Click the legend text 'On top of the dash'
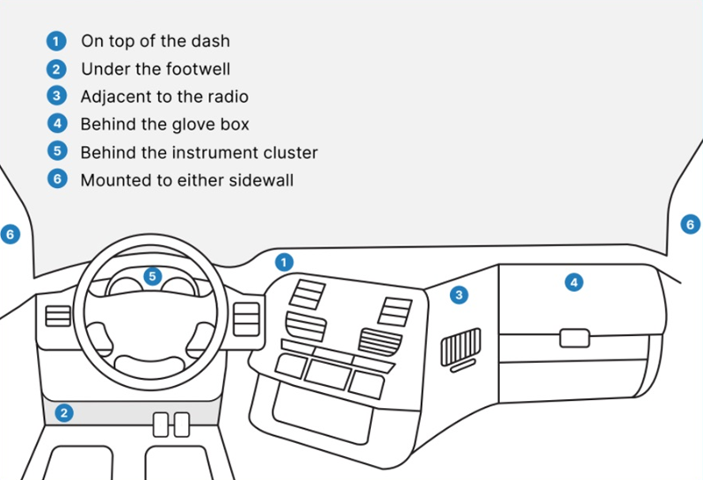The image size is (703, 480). click(156, 40)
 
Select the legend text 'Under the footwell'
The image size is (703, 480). click(156, 69)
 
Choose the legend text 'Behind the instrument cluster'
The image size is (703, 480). click(199, 152)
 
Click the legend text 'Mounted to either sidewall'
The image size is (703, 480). click(186, 180)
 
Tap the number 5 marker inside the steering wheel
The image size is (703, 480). click(153, 277)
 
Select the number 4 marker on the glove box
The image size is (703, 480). click(574, 282)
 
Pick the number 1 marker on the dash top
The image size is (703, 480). click(284, 261)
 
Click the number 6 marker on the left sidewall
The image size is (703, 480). click(10, 235)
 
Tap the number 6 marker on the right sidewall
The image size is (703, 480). click(691, 225)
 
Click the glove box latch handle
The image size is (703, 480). click(575, 337)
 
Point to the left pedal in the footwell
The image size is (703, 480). click(161, 425)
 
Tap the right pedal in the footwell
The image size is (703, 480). click(182, 425)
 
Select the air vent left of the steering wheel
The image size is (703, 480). click(58, 316)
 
